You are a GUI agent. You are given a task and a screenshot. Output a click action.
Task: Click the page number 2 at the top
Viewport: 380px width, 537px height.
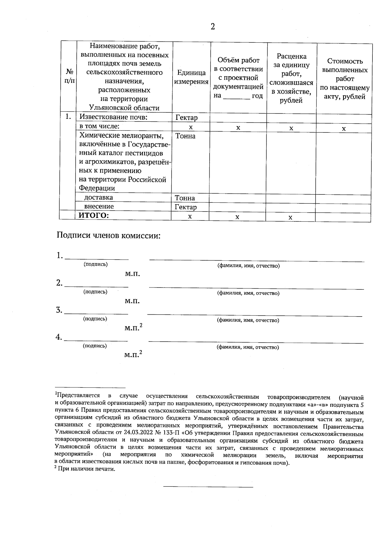213,27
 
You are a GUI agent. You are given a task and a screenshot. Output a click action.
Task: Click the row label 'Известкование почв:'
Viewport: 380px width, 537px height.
114,117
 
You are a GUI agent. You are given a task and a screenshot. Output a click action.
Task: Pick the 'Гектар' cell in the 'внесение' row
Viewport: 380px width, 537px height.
186,207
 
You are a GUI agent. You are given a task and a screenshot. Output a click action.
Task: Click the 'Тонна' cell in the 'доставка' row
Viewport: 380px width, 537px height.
185,198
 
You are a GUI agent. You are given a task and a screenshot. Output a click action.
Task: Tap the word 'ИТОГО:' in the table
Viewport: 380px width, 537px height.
93,216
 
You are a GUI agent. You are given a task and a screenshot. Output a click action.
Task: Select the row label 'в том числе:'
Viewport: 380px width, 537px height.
99,127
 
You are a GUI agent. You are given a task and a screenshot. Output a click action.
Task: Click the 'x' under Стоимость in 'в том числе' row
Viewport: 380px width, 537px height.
344,129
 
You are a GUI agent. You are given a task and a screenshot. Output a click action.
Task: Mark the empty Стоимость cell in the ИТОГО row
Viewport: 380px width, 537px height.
343,217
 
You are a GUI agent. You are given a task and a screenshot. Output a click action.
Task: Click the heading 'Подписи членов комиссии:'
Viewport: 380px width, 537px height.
109,236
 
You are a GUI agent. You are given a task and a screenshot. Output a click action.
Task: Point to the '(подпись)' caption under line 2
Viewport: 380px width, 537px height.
95,292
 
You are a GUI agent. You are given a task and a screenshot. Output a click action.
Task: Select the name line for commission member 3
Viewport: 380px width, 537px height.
255,315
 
